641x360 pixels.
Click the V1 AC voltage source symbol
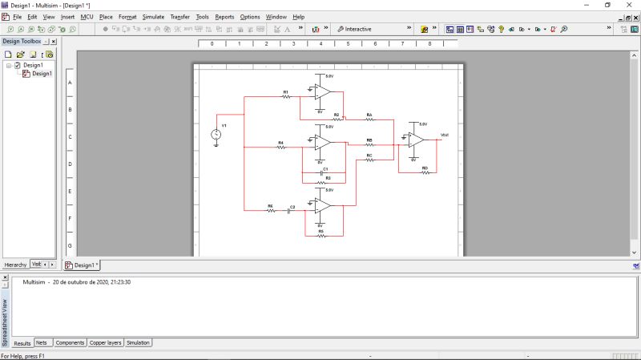216,135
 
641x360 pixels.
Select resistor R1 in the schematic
285,96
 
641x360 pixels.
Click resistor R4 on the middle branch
280,148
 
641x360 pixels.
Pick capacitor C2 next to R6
292,212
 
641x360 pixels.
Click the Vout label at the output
445,135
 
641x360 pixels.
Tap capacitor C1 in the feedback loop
325,172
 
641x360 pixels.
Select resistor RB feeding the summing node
369,144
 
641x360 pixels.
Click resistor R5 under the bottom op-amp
320,236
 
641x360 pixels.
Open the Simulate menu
153,17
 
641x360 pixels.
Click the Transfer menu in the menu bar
179,17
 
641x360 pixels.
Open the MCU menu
87,17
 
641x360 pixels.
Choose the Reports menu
224,17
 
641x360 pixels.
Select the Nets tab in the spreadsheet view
42,342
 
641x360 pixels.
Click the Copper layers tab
105,342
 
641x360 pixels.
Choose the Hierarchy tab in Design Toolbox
15,264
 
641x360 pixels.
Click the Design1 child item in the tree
42,74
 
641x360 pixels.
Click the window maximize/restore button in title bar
607,5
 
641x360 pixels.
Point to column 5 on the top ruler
348,44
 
